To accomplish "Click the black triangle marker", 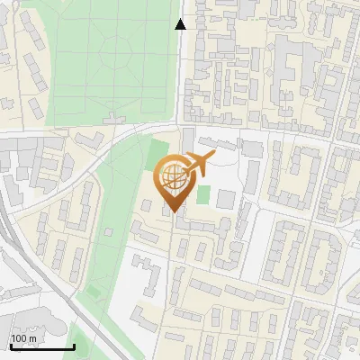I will [180, 24].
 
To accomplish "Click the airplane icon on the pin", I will [199, 165].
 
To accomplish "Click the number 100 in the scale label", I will [18, 338].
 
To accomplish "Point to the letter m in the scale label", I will [32, 338].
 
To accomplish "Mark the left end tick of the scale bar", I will [10, 346].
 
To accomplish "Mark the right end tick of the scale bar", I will [74, 346].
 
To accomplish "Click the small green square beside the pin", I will [203, 193].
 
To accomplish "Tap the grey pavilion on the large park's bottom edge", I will [114, 119].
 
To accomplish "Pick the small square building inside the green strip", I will [109, 232].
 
